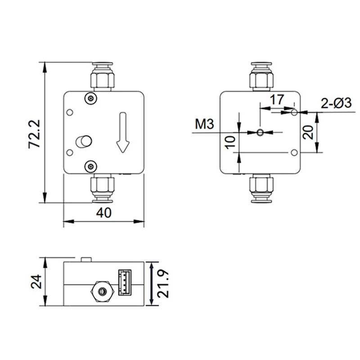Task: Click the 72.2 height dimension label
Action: coord(35,134)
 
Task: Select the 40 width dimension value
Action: coord(103,213)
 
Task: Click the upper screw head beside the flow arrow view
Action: coord(91,98)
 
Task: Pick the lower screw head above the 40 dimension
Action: coord(91,166)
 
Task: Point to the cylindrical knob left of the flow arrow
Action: coord(84,141)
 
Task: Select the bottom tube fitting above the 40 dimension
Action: coord(103,188)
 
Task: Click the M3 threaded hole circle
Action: coord(260,132)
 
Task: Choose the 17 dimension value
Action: coord(278,99)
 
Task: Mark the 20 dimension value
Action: coord(308,133)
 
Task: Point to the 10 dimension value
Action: coord(230,142)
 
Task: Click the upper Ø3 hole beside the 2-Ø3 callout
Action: coord(294,112)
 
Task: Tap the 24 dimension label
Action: coord(37,282)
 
